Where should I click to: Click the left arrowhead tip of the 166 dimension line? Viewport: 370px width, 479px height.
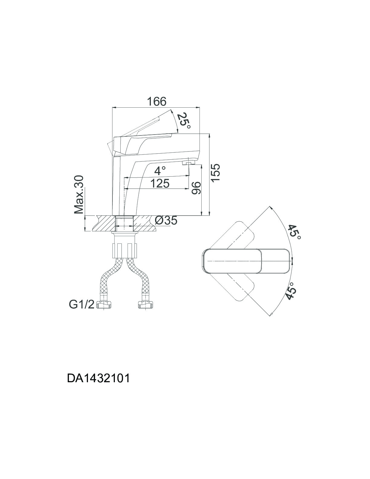point(113,108)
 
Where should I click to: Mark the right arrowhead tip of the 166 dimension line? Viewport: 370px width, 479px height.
point(200,108)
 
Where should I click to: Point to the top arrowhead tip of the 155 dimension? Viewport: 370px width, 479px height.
point(209,134)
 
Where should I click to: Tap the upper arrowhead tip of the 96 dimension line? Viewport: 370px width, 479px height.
point(201,165)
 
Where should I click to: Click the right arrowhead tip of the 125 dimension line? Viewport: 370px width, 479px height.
point(189,189)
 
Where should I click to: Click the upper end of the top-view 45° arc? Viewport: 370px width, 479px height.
point(270,206)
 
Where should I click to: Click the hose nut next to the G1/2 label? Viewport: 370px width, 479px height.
point(105,305)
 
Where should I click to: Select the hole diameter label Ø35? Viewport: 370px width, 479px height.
point(166,220)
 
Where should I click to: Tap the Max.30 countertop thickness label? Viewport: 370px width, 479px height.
point(79,195)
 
